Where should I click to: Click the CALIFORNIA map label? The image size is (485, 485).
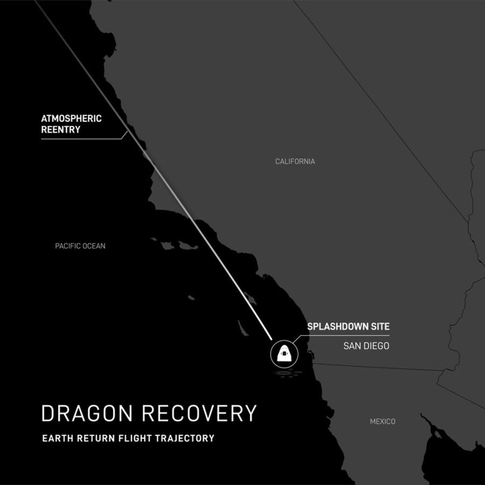click(x=295, y=162)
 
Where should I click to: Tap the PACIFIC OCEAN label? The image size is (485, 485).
click(x=80, y=246)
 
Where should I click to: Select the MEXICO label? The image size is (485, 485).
click(x=382, y=421)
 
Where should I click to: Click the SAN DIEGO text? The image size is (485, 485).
click(x=366, y=346)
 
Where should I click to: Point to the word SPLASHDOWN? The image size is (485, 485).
click(x=339, y=326)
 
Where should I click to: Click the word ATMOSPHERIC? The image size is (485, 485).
click(x=71, y=118)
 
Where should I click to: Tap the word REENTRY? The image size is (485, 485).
click(x=61, y=130)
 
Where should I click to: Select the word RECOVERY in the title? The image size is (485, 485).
click(x=199, y=413)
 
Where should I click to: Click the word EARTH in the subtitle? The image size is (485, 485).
click(x=56, y=438)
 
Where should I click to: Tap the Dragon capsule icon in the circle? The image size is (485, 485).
click(x=282, y=354)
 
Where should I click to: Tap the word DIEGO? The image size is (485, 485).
click(x=376, y=346)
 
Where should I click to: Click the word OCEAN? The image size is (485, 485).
click(x=94, y=246)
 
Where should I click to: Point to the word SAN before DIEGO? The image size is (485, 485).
click(x=351, y=346)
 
